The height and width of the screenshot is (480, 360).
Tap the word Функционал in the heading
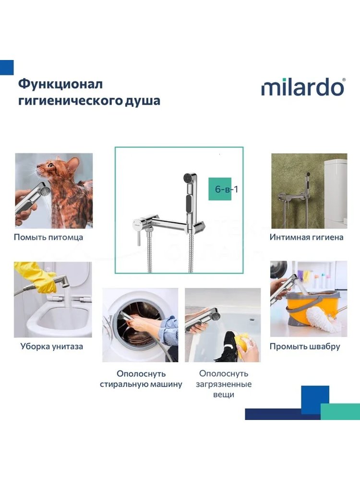pos(60,84)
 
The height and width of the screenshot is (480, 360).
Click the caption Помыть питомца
pos(48,237)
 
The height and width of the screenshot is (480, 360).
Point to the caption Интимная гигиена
pos(306,237)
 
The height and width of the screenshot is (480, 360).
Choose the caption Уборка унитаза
pos(52,347)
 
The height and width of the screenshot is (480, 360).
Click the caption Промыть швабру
pos(305,347)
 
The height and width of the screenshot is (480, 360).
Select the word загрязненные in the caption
pos(224,384)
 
